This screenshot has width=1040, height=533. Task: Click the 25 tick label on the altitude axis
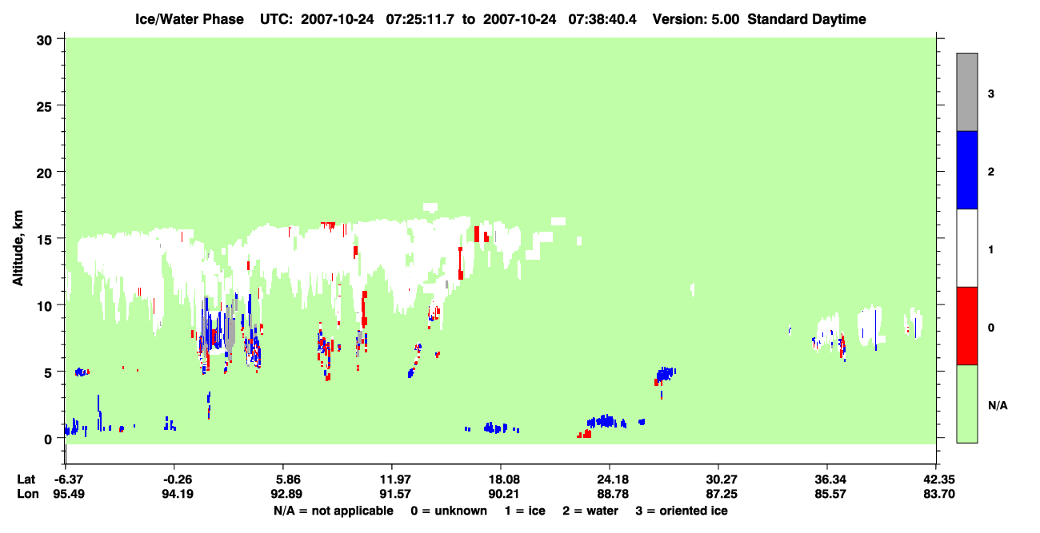click(x=44, y=106)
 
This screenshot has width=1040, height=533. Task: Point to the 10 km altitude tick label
click(x=44, y=306)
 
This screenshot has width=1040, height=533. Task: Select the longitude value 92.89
click(x=286, y=494)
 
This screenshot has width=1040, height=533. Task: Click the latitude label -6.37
click(x=68, y=479)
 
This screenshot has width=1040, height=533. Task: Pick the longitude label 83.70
click(x=938, y=494)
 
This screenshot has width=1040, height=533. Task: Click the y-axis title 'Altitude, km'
click(x=18, y=248)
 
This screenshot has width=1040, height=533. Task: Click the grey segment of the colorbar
click(x=966, y=92)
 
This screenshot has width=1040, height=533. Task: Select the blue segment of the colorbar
click(x=966, y=169)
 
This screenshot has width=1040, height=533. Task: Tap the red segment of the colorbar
click(x=966, y=326)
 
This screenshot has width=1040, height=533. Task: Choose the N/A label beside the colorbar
click(x=998, y=406)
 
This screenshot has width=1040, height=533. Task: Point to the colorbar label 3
click(x=990, y=93)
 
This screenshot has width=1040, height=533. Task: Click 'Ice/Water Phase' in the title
click(x=190, y=19)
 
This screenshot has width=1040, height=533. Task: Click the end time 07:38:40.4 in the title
click(x=602, y=19)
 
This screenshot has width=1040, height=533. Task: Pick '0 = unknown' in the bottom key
click(x=449, y=511)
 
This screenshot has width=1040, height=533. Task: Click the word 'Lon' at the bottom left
click(x=28, y=494)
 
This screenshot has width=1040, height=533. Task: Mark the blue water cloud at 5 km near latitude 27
click(x=666, y=373)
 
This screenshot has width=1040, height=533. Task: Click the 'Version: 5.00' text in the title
click(x=695, y=19)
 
